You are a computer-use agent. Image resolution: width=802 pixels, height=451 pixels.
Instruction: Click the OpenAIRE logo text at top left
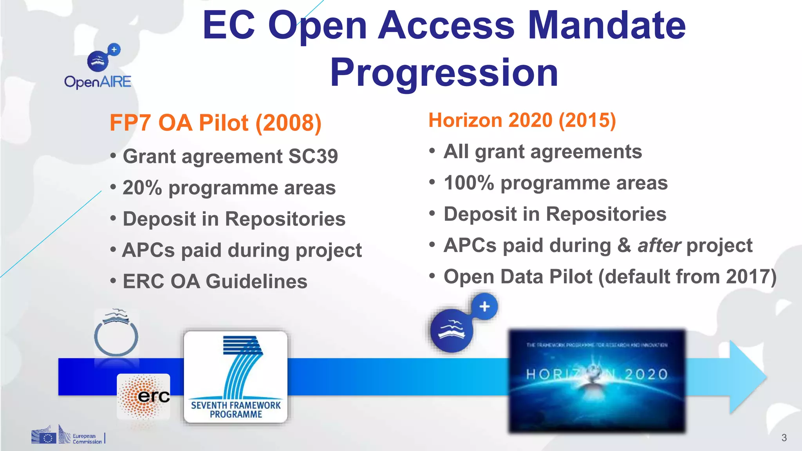pyautogui.click(x=98, y=82)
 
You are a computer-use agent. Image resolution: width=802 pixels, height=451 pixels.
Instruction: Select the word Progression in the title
pyautogui.click(x=444, y=73)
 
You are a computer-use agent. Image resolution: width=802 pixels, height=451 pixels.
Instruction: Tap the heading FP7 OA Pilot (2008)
pyautogui.click(x=215, y=123)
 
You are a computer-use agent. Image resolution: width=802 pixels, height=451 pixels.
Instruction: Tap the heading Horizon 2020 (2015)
pyautogui.click(x=522, y=120)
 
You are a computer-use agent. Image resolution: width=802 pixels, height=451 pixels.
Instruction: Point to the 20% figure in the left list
pyautogui.click(x=142, y=188)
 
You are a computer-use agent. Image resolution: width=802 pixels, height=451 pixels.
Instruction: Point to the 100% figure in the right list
pyautogui.click(x=469, y=183)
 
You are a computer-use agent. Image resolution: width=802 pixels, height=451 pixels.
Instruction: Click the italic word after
pyautogui.click(x=659, y=246)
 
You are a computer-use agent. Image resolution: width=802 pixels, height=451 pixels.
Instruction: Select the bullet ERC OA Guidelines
pyautogui.click(x=215, y=281)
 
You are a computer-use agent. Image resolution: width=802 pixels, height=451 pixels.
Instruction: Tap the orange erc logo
pyautogui.click(x=144, y=396)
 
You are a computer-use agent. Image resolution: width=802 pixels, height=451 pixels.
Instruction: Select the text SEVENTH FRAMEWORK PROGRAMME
pyautogui.click(x=236, y=410)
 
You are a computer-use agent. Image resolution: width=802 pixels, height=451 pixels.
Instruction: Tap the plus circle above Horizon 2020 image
pyautogui.click(x=484, y=307)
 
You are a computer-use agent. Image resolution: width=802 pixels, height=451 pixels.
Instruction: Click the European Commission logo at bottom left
pyautogui.click(x=67, y=435)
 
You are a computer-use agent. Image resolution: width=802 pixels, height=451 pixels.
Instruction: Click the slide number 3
pyautogui.click(x=784, y=438)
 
